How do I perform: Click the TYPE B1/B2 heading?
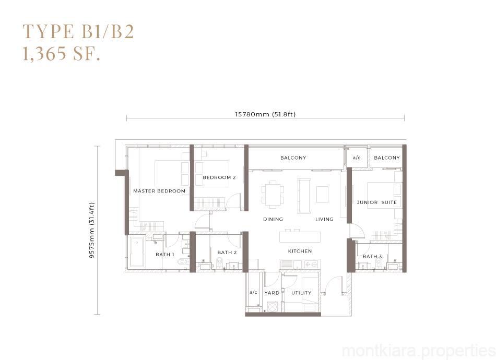coord(78,32)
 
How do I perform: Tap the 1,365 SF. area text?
coord(62,53)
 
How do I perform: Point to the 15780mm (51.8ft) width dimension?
coord(265,114)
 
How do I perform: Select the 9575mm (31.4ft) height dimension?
coord(92,230)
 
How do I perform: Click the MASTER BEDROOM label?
coord(159,191)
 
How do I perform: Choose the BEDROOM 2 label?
coord(219,177)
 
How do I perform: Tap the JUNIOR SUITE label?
coord(376,202)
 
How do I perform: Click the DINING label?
coord(273,219)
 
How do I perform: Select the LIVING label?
coord(324,219)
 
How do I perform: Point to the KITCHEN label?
coord(300,251)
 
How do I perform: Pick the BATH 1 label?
coord(165,255)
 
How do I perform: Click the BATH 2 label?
coord(227,253)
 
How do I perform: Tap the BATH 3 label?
coord(372,256)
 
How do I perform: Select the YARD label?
coord(271,293)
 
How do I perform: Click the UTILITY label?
coord(301,293)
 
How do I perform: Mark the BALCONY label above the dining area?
coord(293,158)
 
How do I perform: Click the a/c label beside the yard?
coord(253,292)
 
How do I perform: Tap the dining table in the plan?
coord(273,194)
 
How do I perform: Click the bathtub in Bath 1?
coord(137,252)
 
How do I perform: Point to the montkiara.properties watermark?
coord(419,351)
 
